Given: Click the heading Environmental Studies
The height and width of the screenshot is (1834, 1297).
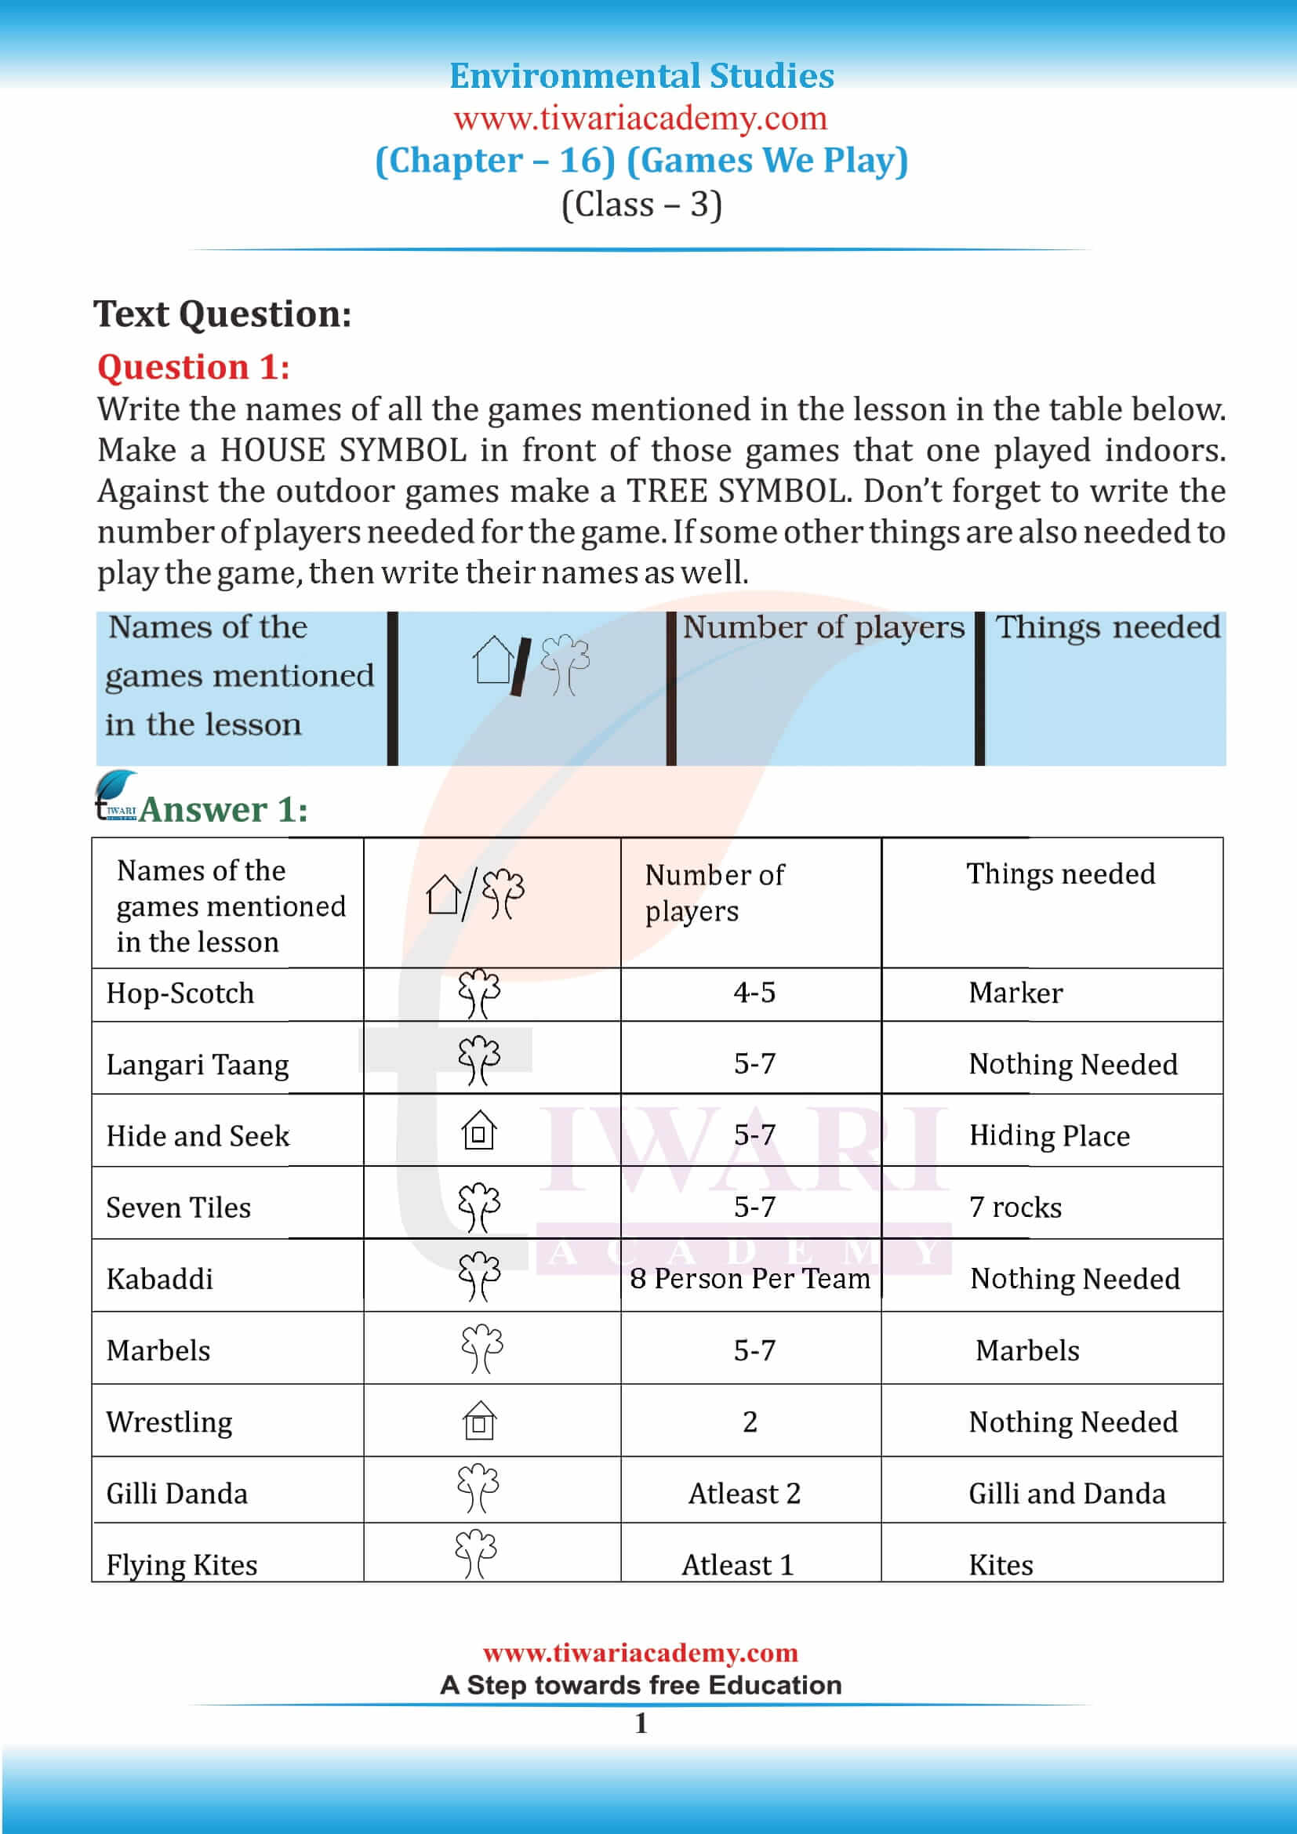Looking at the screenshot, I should tap(641, 77).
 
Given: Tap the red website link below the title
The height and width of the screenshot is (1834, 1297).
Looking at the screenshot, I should tap(641, 118).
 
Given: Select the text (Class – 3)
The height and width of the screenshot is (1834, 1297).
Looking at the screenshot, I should tap(641, 205).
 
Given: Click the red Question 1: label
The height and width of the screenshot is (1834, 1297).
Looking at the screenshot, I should tap(193, 368).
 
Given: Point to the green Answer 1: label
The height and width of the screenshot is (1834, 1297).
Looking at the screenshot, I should tap(223, 810).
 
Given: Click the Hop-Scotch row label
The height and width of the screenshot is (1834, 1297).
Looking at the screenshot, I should tap(180, 993).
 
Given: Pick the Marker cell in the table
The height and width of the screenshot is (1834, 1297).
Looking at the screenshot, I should tap(1015, 993).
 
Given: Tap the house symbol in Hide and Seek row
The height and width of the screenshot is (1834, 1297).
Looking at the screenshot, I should tap(479, 1131).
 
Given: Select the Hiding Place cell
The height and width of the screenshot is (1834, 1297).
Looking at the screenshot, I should tap(1049, 1135).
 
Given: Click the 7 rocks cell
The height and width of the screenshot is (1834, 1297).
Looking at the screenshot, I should tap(1015, 1207).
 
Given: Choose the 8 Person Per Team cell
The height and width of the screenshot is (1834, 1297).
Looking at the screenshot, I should tap(750, 1278).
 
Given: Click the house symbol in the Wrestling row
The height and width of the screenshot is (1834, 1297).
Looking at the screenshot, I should tap(480, 1420).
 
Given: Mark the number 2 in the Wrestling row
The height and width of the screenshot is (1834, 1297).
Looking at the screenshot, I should tap(750, 1422).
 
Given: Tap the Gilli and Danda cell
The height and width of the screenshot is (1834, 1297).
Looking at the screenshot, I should tap(1067, 1493).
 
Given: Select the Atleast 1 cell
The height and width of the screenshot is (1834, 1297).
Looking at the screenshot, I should tap(738, 1564).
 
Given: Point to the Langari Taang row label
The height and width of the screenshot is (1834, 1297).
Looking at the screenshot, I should tap(198, 1065).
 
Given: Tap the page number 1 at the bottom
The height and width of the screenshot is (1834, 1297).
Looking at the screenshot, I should tap(641, 1723).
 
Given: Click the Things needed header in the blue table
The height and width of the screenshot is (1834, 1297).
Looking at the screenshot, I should tap(1108, 627).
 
